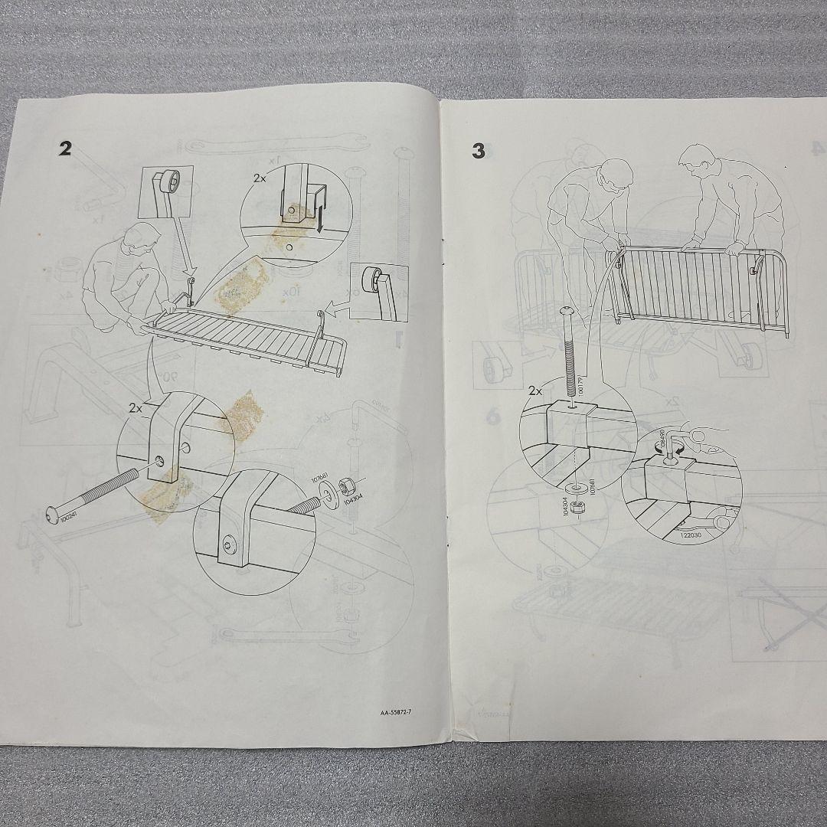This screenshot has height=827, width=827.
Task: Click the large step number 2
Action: click(65, 149)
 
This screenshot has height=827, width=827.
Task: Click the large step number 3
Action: click(479, 152)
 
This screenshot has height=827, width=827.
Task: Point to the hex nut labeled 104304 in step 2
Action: click(345, 485)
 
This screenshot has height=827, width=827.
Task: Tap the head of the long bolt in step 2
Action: click(51, 521)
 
